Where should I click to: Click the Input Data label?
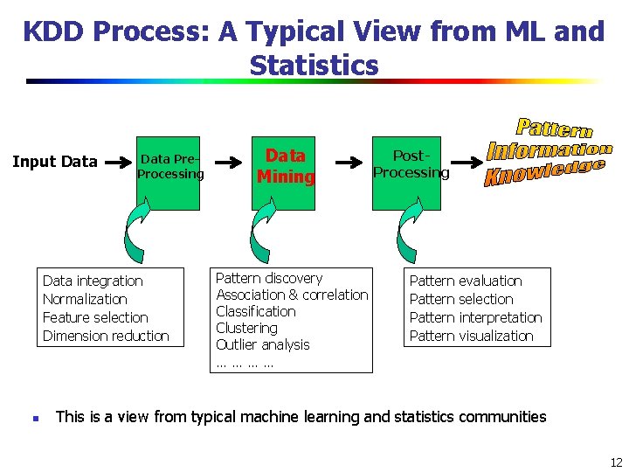[x=54, y=162]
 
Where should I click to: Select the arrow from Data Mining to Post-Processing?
[x=349, y=162]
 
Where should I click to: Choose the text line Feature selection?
[x=95, y=317]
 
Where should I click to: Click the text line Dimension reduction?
[x=106, y=336]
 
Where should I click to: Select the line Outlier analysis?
[x=263, y=344]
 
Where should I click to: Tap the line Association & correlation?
[x=292, y=295]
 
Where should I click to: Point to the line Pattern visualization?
[x=471, y=336]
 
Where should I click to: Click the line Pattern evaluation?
[x=466, y=281]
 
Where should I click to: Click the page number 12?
[x=616, y=462]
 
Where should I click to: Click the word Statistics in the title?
[x=314, y=66]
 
